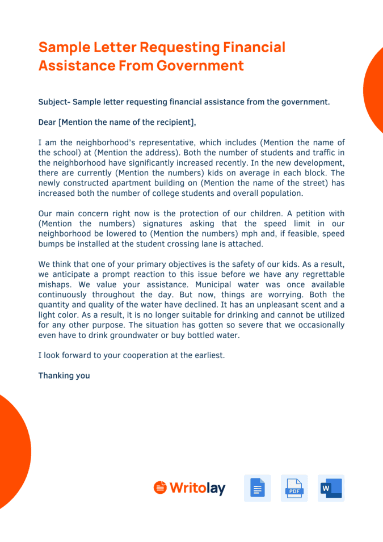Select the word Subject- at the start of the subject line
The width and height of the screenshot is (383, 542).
pos(54,102)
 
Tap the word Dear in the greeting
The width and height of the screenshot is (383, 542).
pos(47,122)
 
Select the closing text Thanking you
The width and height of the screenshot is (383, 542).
pos(64,376)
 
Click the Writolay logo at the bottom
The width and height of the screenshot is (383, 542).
pos(190,488)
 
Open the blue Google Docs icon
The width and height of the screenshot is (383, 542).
pos(258,488)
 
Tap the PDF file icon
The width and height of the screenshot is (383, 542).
pos(294,488)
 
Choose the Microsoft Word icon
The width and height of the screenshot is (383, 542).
pos(331,488)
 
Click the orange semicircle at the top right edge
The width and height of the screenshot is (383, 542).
pos(374,91)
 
